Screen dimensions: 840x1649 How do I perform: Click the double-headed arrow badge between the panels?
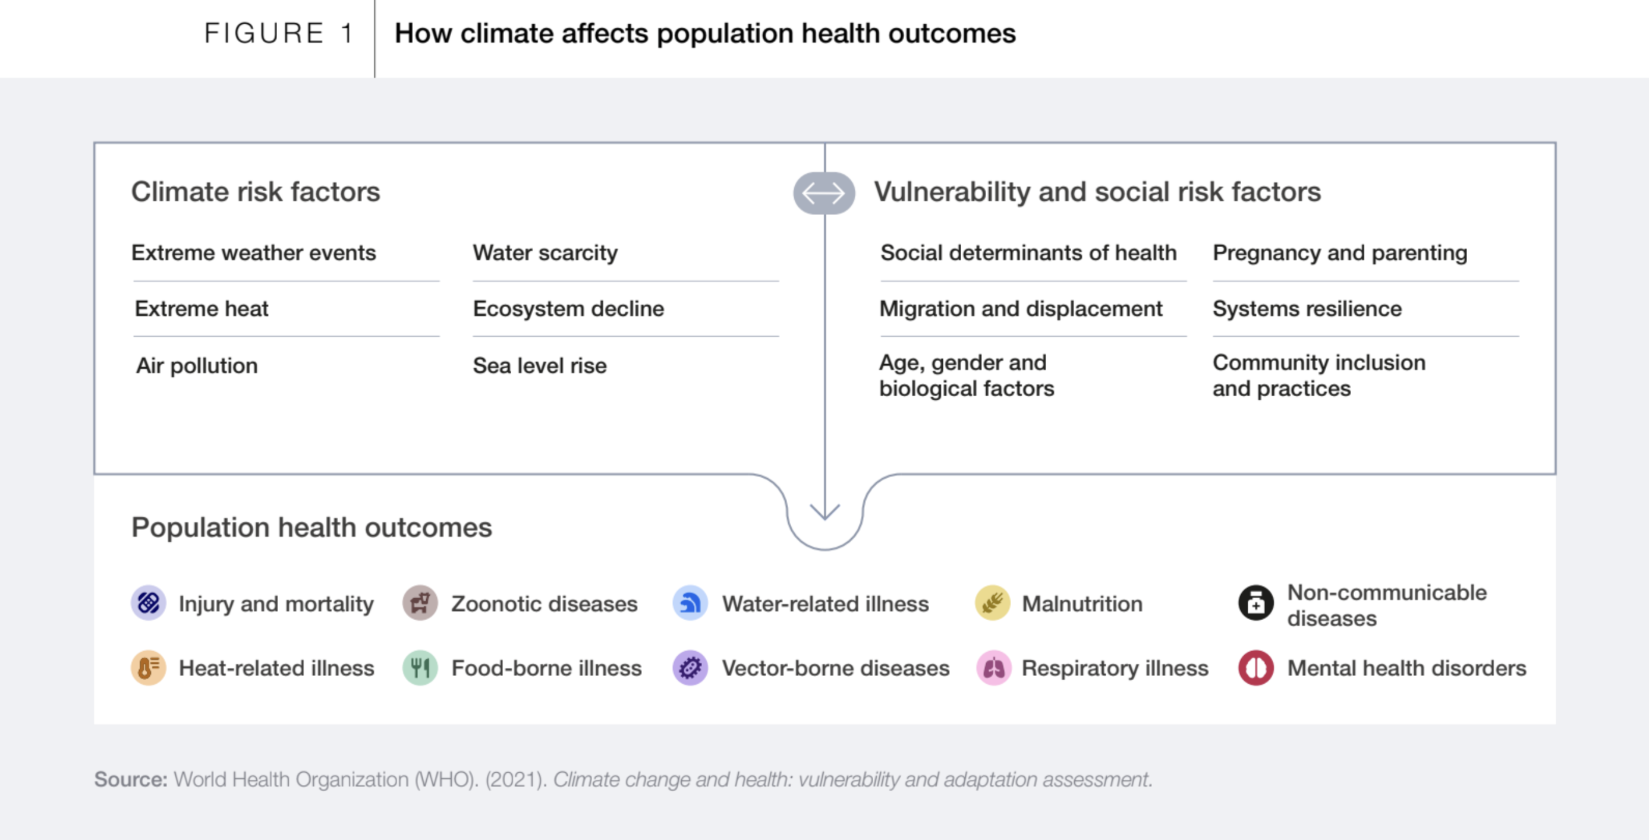824,192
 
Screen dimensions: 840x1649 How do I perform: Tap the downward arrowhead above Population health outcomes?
825,512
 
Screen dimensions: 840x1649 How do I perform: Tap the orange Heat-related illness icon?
149,668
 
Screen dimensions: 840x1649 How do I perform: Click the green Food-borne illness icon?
420,668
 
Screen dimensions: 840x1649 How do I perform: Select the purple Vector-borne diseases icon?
690,668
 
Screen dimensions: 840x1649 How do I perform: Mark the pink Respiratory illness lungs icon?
993,668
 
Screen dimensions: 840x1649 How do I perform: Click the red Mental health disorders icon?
1255,668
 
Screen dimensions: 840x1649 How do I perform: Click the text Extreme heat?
202,309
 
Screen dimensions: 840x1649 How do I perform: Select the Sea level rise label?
540,366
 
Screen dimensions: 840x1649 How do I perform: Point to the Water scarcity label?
545,253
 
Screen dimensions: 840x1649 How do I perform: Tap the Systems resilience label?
1307,309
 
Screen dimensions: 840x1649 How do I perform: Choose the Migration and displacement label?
1021,309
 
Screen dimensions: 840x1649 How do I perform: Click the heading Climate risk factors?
256,192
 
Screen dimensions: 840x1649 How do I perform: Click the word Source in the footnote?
131,779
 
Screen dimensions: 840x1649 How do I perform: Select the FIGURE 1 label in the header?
278,33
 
